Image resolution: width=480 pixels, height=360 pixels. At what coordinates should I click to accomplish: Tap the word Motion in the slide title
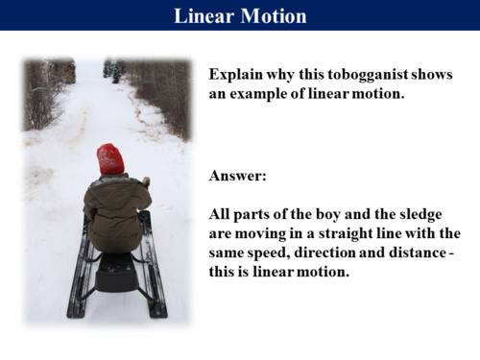[274, 16]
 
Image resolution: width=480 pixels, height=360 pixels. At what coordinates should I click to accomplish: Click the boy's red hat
[110, 158]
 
